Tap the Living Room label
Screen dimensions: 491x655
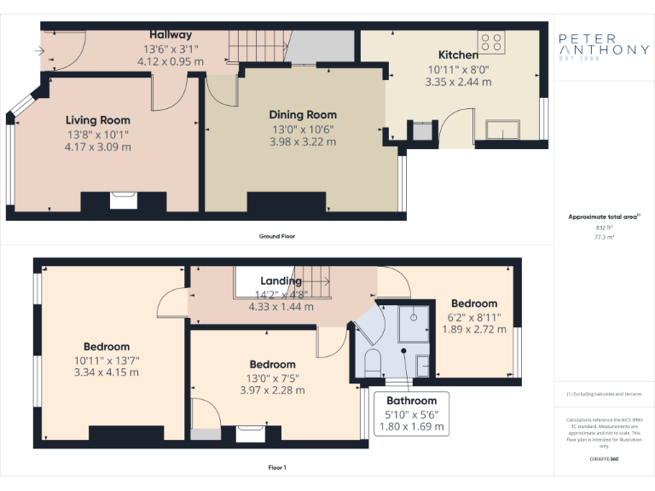point(98,120)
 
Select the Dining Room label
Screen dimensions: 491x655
point(303,114)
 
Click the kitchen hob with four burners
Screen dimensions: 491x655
point(490,42)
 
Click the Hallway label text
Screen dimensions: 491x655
point(171,35)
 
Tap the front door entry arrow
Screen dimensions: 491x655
point(39,51)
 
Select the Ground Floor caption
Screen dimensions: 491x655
point(277,236)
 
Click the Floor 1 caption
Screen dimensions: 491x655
point(277,468)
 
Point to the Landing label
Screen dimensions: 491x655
point(281,280)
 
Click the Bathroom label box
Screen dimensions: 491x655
point(411,413)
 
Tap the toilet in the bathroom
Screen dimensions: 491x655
point(372,361)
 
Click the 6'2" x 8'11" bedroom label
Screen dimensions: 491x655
point(474,316)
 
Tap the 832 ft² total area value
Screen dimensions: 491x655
point(604,228)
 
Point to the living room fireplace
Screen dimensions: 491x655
point(123,201)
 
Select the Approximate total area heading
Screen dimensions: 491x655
point(603,217)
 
